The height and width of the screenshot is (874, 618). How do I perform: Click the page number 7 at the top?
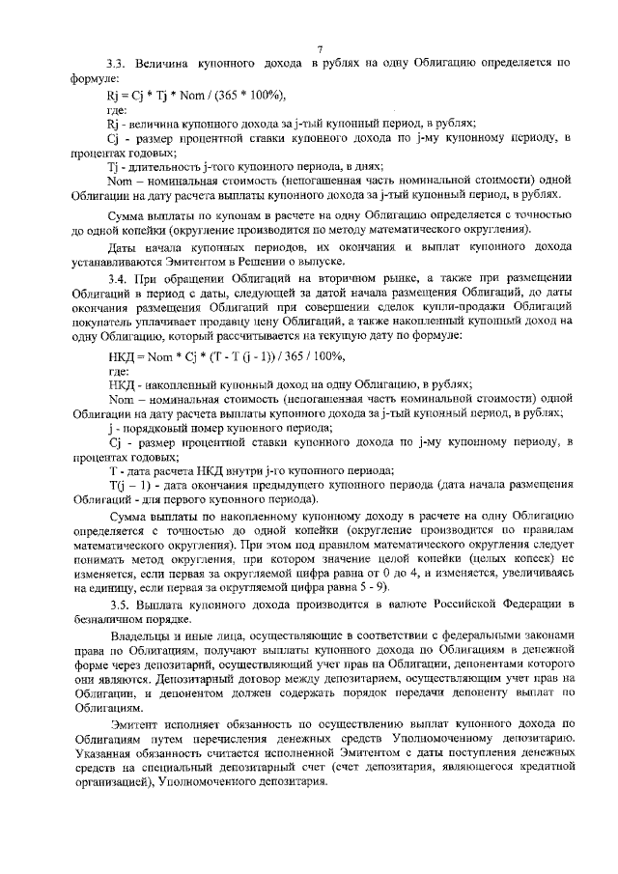[x=318, y=48]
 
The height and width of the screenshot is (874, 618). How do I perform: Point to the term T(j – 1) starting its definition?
[x=126, y=484]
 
